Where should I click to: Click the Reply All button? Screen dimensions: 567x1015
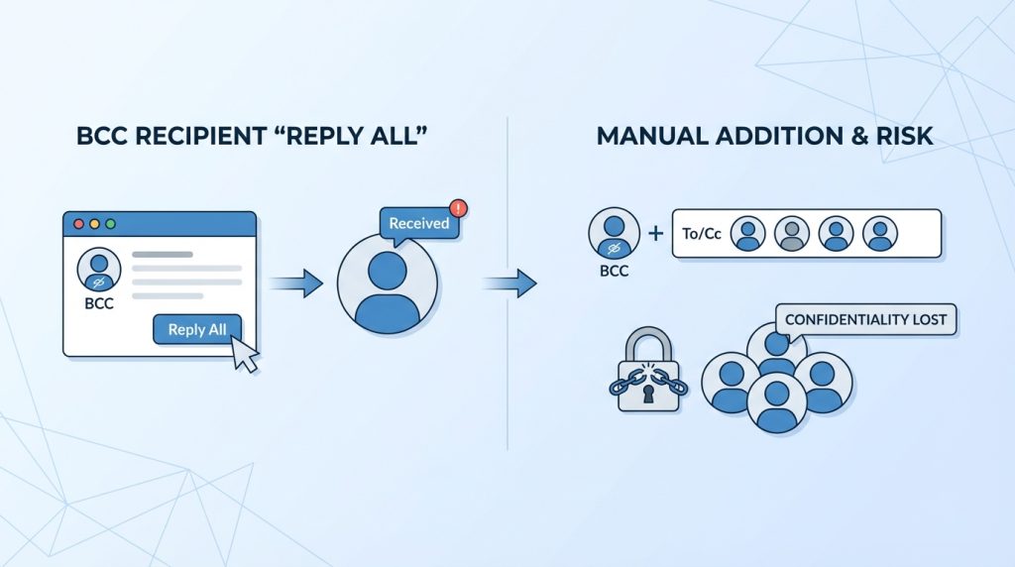(197, 330)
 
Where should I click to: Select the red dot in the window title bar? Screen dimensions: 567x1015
(79, 224)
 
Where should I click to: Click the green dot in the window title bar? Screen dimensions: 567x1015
(109, 224)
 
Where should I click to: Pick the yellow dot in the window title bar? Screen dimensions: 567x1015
(94, 224)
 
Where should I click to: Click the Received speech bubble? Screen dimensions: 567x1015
(418, 224)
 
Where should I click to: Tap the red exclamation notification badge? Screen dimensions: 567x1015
(457, 208)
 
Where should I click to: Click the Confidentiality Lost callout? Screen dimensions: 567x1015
(865, 320)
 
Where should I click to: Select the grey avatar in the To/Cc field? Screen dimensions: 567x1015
(791, 234)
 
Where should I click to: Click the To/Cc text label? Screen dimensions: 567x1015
(701, 234)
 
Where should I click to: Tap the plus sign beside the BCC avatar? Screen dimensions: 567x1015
(655, 234)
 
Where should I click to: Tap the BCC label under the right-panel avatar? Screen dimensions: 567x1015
(615, 270)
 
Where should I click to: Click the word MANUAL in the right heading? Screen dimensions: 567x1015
(647, 136)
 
